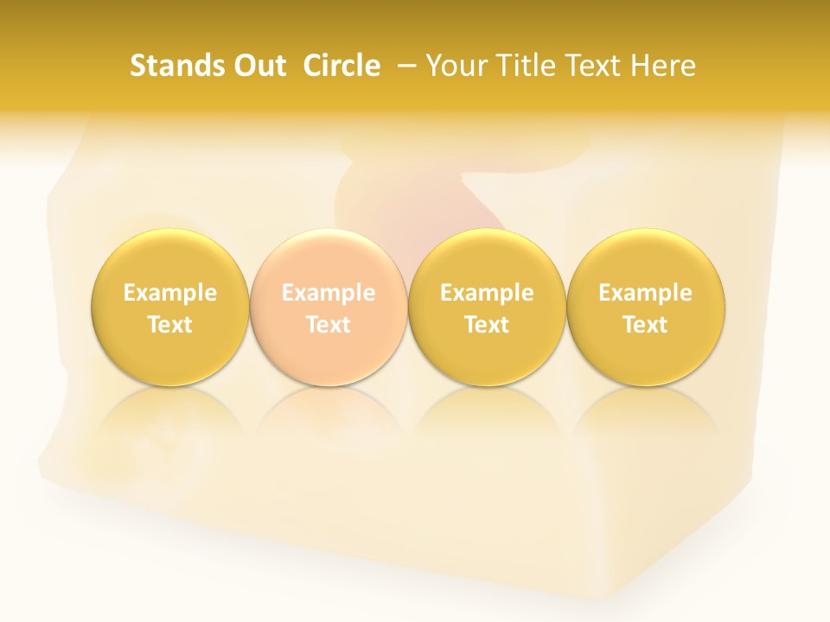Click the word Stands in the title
coord(174,66)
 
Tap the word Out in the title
coord(258,66)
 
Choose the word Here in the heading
coord(663,66)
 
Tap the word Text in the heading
coord(594,66)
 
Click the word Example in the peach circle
coord(329,293)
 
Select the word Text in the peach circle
coord(329,325)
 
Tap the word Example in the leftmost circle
coord(170,293)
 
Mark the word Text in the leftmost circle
coord(170,325)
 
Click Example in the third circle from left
coord(487,293)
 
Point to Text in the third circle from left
coord(487,325)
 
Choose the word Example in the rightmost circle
coord(646,293)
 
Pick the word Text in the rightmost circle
coord(646,325)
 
